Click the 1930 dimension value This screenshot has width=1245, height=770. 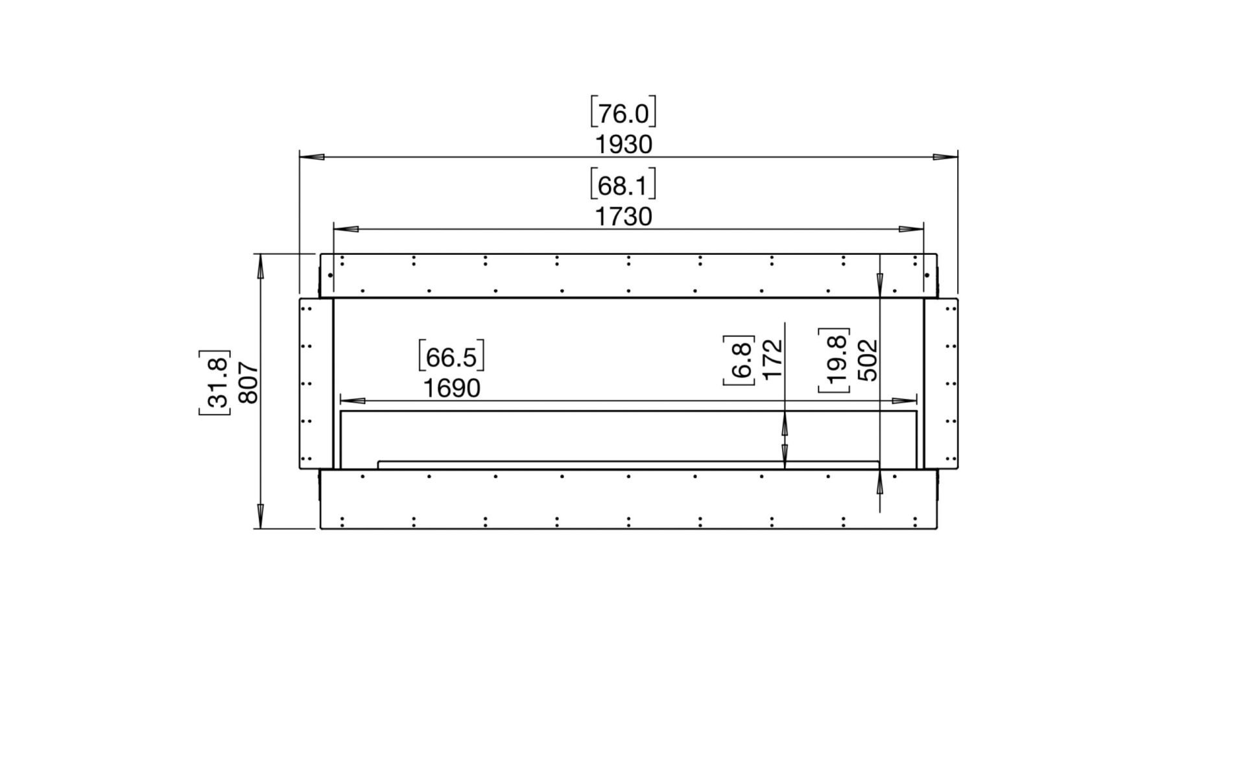click(624, 145)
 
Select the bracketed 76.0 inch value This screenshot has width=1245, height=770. click(623, 114)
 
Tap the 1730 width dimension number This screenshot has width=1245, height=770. click(624, 217)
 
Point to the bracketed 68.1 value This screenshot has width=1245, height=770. click(623, 186)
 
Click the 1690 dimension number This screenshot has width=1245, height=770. click(452, 388)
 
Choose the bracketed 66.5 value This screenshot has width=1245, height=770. click(451, 357)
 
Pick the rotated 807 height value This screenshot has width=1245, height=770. click(248, 383)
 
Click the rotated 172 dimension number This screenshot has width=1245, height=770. click(774, 359)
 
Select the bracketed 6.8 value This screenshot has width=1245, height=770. click(740, 360)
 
